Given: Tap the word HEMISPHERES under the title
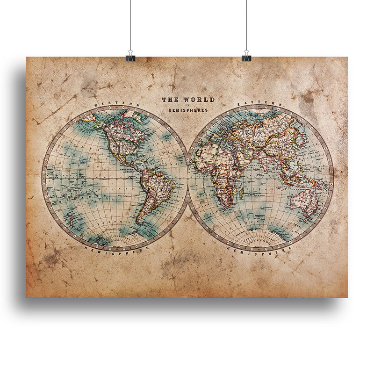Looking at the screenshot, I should [x=188, y=110].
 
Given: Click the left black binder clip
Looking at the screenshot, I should [x=130, y=58].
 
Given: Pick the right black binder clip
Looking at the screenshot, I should [x=246, y=58].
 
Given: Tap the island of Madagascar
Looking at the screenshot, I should [x=242, y=192].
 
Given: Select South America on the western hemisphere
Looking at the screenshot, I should [x=154, y=192].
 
